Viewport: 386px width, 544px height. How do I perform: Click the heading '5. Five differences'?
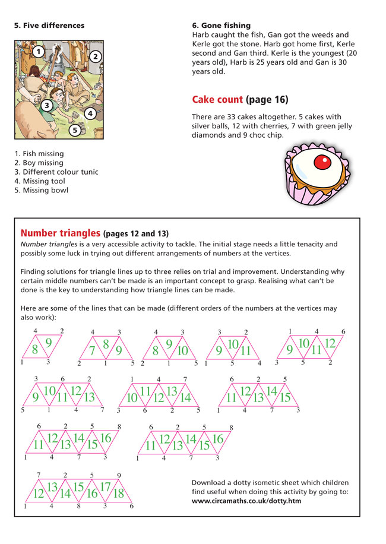[x=49, y=26]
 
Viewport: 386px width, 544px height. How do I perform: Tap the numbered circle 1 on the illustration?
[x=38, y=52]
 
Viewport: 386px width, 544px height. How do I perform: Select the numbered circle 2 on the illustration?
[x=95, y=56]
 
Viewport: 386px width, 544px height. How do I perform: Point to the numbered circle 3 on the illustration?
[x=46, y=106]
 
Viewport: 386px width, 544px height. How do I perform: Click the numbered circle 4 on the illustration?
[x=90, y=112]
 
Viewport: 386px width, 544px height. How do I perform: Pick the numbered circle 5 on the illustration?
[x=75, y=129]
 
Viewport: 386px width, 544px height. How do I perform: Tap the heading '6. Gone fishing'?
[x=222, y=26]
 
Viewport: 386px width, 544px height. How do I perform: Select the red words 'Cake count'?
[x=217, y=99]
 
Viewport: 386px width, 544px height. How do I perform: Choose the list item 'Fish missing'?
[x=42, y=154]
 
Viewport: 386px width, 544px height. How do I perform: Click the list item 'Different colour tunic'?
[x=59, y=172]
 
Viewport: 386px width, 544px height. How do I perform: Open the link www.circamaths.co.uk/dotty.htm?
[x=246, y=501]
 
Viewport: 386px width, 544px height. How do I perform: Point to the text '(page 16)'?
[x=267, y=99]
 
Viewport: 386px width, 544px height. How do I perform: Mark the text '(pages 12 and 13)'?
[x=139, y=232]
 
